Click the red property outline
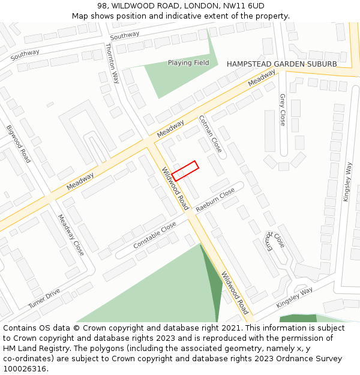[x=185, y=170]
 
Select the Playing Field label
[x=188, y=63]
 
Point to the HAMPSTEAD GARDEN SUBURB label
[x=281, y=64]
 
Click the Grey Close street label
[x=283, y=109]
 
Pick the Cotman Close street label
[x=210, y=133]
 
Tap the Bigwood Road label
[x=19, y=144]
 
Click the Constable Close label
[x=155, y=235]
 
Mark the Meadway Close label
[x=71, y=235]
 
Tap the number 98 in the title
[x=102, y=6]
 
